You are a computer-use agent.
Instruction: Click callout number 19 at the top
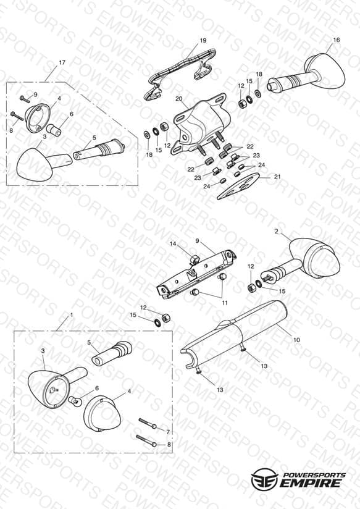coord(203,41)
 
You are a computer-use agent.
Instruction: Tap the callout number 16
coord(337,40)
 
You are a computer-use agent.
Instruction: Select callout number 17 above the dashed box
coord(62,62)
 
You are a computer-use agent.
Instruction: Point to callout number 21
coord(277,177)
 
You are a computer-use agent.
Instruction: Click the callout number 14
coord(174,243)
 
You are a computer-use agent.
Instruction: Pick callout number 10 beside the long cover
coord(296,340)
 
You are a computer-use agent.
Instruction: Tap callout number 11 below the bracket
coord(225,303)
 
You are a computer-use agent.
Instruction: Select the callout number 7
coord(168,432)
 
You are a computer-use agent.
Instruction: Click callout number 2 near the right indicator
coord(276,231)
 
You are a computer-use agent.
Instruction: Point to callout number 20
coord(179,99)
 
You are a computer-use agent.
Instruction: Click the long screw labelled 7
coord(148,423)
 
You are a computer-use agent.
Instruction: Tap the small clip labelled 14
coord(194,259)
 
